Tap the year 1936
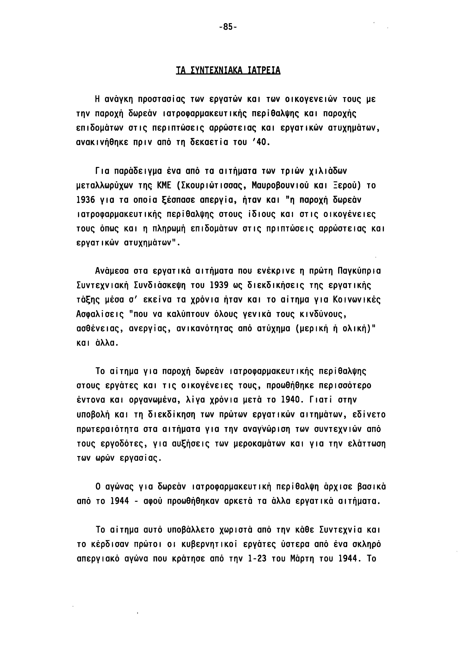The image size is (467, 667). coord(86,200)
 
